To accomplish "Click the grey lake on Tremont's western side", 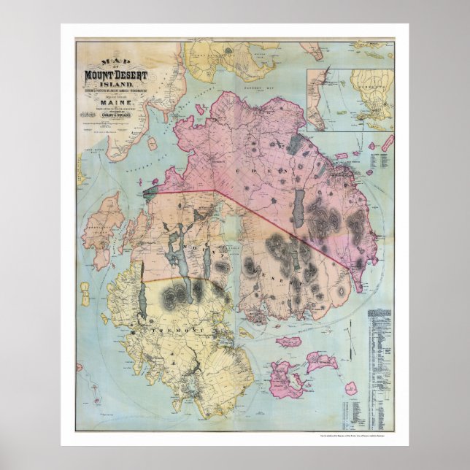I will click(x=143, y=301).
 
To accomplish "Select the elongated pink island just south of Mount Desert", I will click(x=289, y=342).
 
